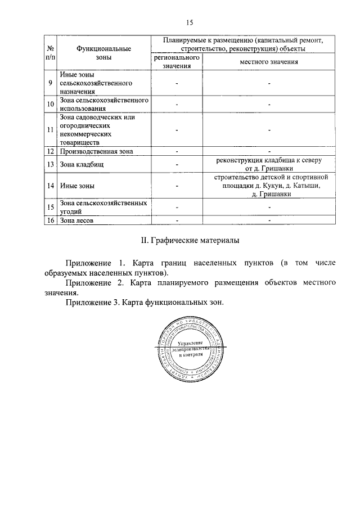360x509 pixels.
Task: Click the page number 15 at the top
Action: point(188,22)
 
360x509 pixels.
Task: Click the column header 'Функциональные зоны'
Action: point(100,52)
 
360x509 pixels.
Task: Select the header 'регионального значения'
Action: point(177,62)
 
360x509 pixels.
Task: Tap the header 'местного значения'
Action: point(269,62)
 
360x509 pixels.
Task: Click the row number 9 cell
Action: point(51,83)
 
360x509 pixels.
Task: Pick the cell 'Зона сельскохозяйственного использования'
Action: point(103,105)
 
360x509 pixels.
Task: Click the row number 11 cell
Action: point(51,130)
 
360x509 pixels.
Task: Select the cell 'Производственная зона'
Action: point(96,151)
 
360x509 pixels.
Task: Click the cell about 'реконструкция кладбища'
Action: point(269,164)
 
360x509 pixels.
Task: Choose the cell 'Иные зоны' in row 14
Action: point(77,185)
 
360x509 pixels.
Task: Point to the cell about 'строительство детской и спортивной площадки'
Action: point(269,185)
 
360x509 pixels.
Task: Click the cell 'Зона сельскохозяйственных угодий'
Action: point(103,207)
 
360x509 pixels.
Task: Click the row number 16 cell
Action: point(51,220)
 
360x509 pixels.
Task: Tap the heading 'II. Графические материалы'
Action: point(189,241)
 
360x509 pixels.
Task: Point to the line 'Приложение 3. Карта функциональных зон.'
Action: point(145,303)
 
